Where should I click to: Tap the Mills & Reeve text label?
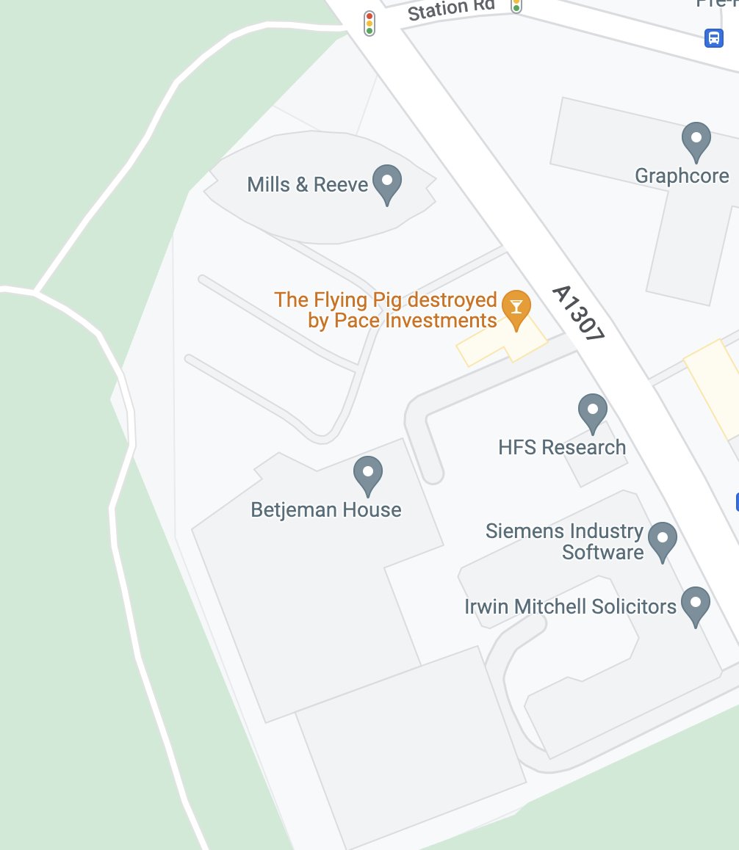coord(307,184)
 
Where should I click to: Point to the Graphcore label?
coord(682,176)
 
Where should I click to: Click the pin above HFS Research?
coord(592,413)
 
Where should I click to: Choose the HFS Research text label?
coord(562,447)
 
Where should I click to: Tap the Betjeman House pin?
coord(367,474)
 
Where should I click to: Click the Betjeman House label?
coord(326,510)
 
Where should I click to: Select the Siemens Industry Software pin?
coord(663,540)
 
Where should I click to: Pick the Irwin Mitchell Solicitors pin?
coord(695,605)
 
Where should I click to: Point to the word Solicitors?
coord(633,606)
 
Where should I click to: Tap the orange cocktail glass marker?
coord(516,308)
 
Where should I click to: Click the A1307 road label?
coord(579,313)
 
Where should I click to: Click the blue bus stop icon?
coord(713,37)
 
